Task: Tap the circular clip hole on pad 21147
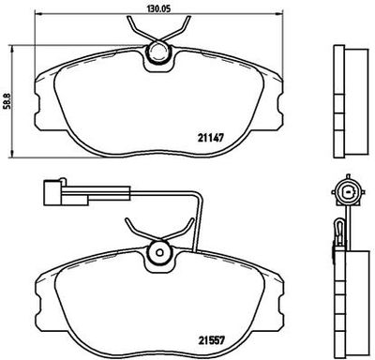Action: [160, 59]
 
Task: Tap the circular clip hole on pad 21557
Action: [160, 252]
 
